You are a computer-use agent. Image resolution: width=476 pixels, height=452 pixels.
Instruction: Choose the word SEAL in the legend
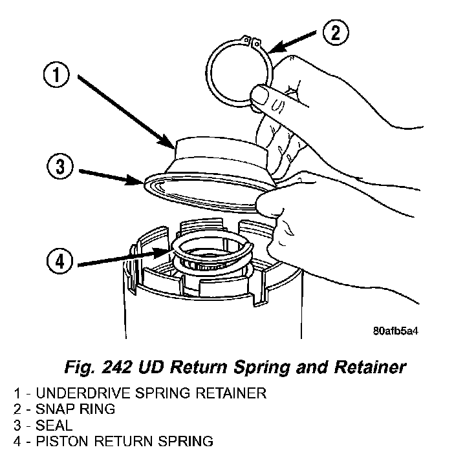pos(54,426)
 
